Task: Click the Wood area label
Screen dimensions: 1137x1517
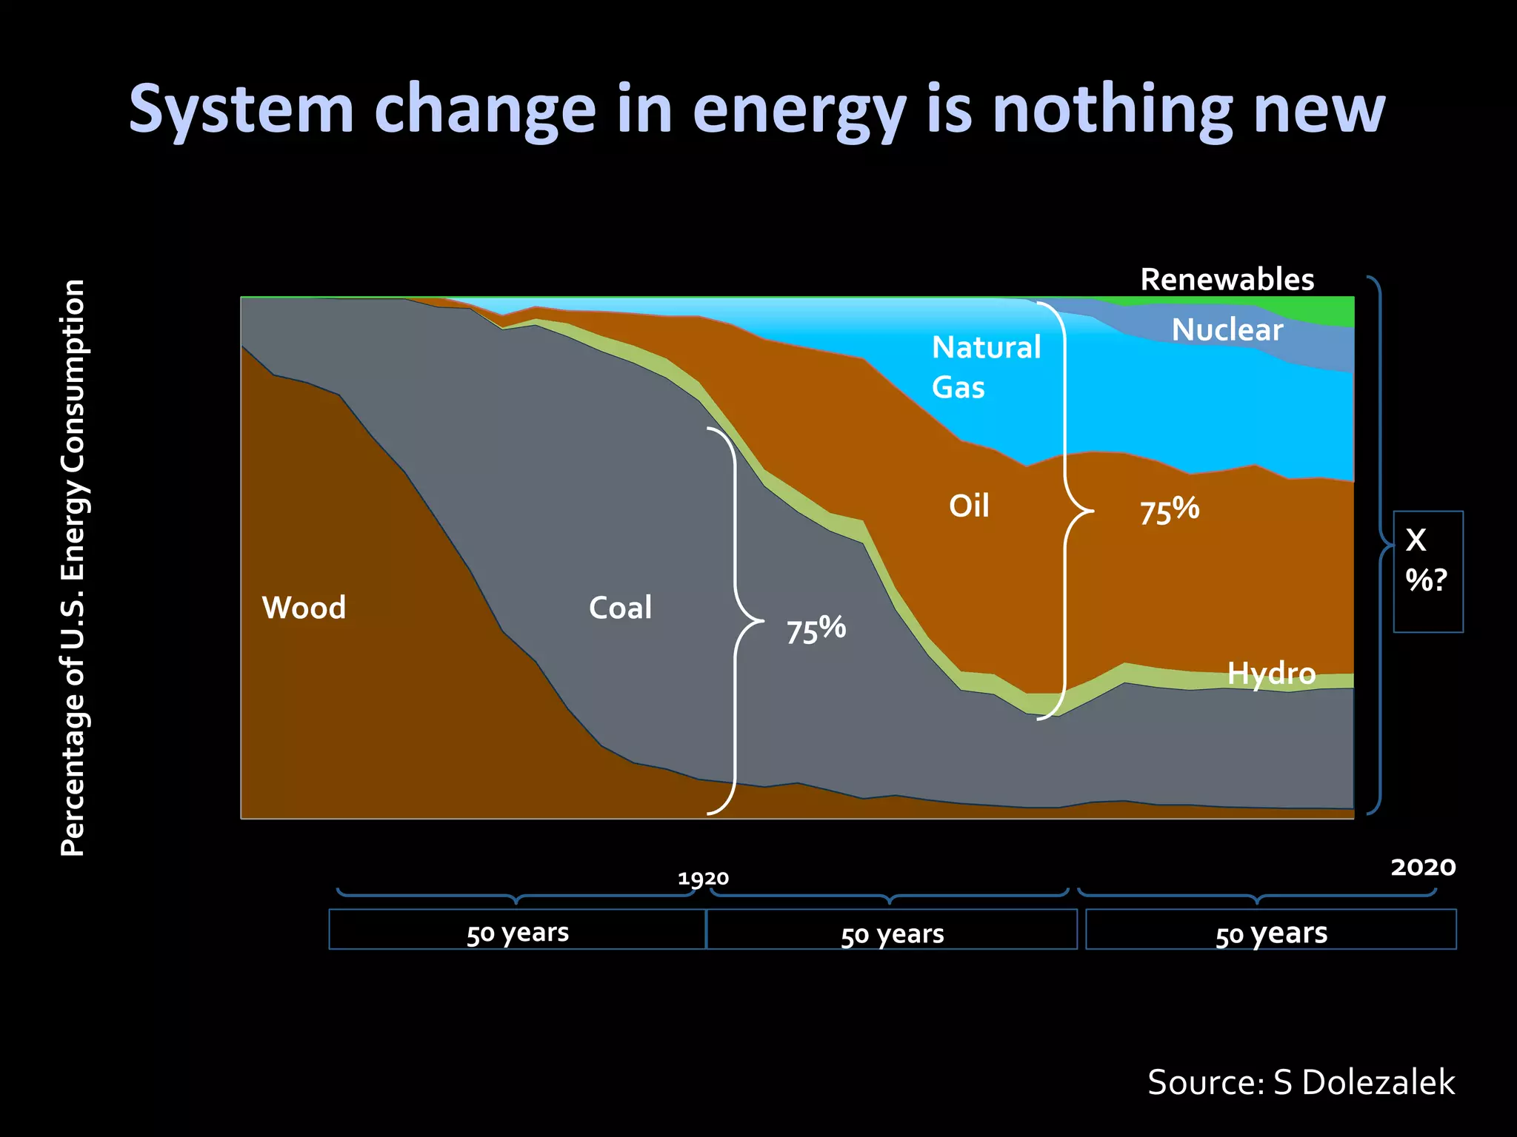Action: coord(304,608)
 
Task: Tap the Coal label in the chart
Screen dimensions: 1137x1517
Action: coord(620,608)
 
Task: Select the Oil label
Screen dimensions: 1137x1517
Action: coord(969,506)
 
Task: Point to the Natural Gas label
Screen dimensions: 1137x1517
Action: coord(985,367)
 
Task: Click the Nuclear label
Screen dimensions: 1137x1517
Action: coord(1227,330)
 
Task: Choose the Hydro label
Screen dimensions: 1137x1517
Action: coord(1271,674)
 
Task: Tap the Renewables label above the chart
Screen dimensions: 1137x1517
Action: coord(1227,280)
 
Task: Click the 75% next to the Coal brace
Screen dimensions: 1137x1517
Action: coord(816,630)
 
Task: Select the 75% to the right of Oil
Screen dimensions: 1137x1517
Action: coord(1169,511)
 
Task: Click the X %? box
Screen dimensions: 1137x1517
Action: coord(1427,571)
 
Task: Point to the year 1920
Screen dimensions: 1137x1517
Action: coord(703,879)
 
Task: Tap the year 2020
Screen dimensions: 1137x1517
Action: coord(1423,867)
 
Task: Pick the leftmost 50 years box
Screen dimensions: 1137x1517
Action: coord(517,930)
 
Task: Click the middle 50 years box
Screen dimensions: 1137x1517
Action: coord(892,930)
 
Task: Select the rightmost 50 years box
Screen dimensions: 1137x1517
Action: coord(1270,930)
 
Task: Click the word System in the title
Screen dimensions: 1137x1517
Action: coord(241,109)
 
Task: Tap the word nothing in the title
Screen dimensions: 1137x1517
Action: coord(1111,109)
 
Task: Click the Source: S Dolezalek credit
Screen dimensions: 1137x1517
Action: coord(1301,1082)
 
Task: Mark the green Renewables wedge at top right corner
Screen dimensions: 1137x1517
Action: coord(1333,312)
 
